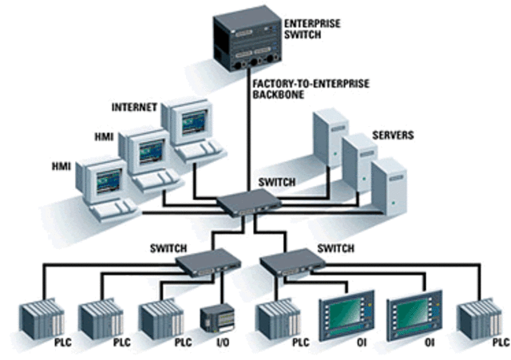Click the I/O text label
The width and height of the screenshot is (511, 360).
(221, 342)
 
